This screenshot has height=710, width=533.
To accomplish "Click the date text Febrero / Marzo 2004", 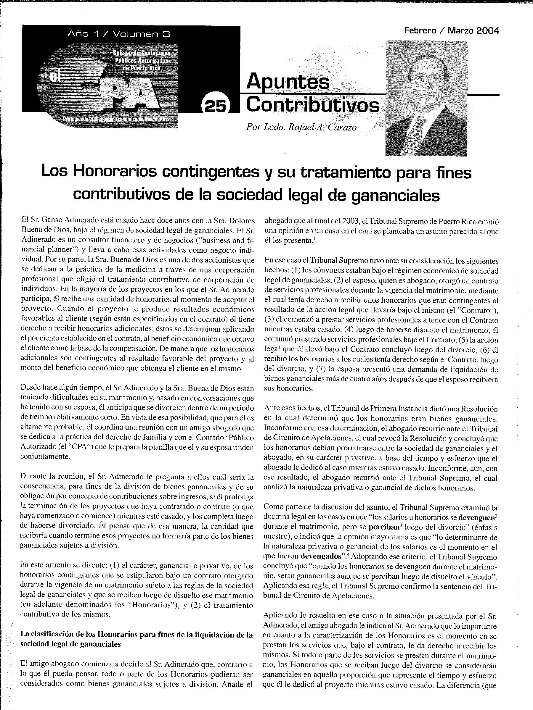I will (451, 31).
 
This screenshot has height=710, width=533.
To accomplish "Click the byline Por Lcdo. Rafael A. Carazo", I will (301, 128).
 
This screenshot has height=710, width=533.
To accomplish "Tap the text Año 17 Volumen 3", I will (118, 34).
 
